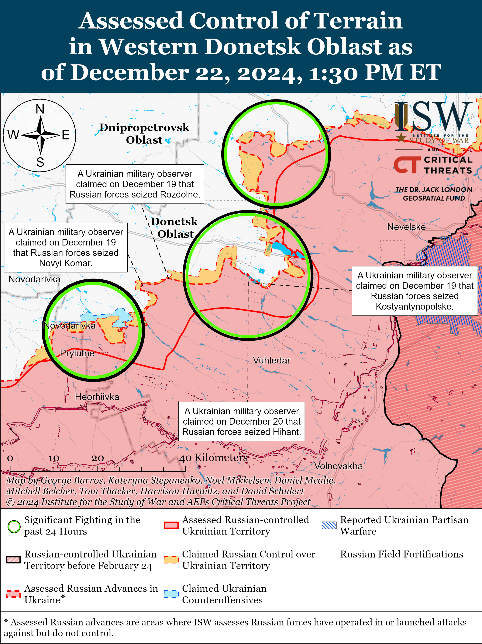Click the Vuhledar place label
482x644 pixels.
tap(271, 360)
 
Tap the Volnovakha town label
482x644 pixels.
tap(338, 466)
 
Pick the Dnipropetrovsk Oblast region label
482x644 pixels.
tap(144, 134)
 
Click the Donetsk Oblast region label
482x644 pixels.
tap(174, 228)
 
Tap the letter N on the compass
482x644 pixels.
tap(40, 110)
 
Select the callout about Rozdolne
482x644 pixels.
tap(135, 184)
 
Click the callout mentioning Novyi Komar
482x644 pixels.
tap(66, 247)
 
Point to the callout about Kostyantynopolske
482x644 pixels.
tap(415, 291)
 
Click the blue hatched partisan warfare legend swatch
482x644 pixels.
tap(329, 525)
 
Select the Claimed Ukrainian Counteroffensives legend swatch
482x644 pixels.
tap(171, 594)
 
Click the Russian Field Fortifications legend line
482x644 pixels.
tap(329, 554)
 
